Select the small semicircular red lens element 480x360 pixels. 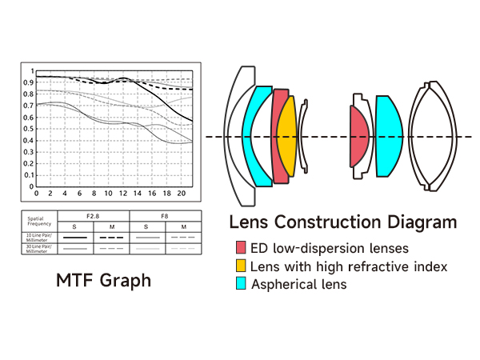pos(359,136)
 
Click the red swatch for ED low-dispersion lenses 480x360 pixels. pos(241,248)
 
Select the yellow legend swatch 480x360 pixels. pos(241,266)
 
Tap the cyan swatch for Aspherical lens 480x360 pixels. pos(241,283)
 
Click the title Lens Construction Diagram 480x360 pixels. pos(342,222)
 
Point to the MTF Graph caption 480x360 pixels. pos(103,281)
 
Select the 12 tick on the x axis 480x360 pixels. pos(122,194)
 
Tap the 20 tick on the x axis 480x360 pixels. pos(182,194)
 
